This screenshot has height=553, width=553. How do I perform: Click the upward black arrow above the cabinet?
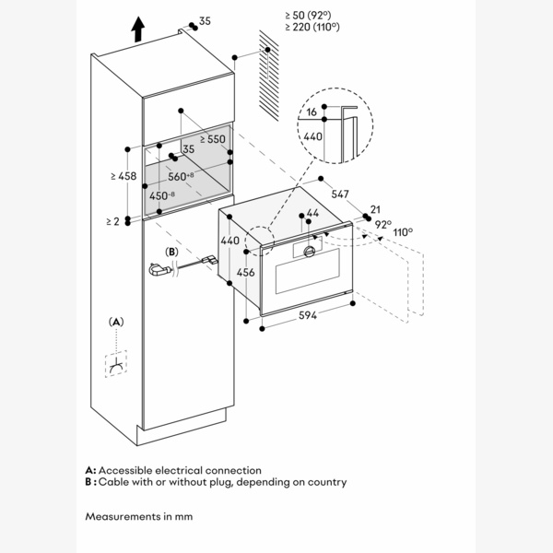click(137, 29)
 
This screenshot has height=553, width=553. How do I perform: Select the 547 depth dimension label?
click(340, 195)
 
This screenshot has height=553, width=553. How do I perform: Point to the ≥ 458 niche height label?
click(124, 176)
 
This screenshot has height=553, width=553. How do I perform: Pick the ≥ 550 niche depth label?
click(211, 139)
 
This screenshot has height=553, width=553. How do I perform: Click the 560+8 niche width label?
click(181, 175)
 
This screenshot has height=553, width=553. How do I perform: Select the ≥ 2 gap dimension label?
click(112, 222)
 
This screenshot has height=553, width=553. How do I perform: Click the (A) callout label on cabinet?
click(115, 322)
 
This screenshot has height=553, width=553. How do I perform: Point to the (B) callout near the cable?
click(171, 252)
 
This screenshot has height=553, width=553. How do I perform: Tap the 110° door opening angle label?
click(403, 232)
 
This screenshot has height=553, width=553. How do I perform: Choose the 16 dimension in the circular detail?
click(312, 112)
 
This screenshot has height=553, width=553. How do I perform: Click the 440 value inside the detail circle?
click(312, 135)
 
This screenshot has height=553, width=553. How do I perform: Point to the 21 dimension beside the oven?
click(374, 210)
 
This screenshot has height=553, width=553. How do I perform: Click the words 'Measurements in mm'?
click(139, 516)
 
